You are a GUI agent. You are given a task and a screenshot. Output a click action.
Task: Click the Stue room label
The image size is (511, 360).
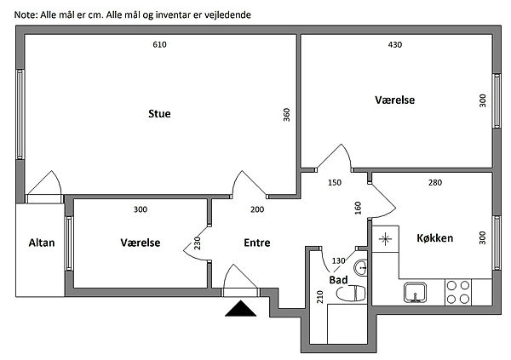[159, 113]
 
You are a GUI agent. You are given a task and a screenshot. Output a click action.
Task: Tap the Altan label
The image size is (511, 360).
[41, 243]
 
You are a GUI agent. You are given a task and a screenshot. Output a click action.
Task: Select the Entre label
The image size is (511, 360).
[256, 243]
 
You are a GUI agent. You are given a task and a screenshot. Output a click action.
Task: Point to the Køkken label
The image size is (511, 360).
[434, 237]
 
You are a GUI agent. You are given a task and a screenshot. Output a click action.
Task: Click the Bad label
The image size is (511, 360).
[338, 278]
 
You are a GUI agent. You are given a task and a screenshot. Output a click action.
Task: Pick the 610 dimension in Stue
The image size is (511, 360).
[159, 44]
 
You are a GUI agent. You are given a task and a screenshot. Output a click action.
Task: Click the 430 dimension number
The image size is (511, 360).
[394, 44]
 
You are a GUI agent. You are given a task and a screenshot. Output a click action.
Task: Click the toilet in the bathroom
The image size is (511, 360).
[350, 294]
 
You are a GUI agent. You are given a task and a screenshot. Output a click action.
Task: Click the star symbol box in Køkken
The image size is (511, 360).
[386, 239]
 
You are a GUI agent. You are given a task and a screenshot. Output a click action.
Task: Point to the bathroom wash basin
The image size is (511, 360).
[363, 268]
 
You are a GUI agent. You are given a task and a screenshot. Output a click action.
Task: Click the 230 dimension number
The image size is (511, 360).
[197, 243]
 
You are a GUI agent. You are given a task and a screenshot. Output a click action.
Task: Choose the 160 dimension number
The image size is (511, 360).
[359, 208]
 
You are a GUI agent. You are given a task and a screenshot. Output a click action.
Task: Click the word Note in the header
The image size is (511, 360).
[26, 15]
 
